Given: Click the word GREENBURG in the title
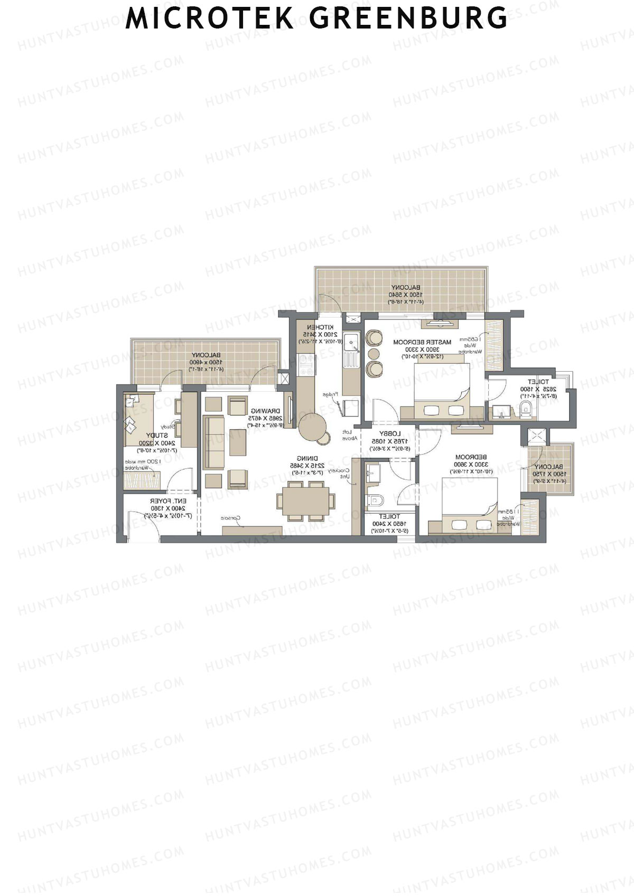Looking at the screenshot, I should (408, 18).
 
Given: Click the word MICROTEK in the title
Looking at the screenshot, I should (210, 18).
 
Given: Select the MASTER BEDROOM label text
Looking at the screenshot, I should (422, 342).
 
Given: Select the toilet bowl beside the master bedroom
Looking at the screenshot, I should (525, 408).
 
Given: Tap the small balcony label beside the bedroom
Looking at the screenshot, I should (550, 467).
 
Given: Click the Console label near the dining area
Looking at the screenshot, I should (231, 518).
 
